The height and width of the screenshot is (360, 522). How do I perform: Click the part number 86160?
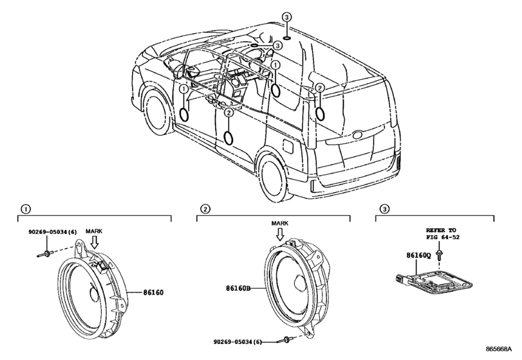(x=153, y=293)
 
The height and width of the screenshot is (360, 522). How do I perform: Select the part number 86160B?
(x=238, y=288)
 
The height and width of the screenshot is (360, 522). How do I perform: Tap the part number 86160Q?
(x=418, y=255)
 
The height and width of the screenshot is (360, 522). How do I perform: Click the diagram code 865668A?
(x=498, y=349)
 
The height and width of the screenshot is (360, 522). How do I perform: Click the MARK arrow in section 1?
(x=95, y=242)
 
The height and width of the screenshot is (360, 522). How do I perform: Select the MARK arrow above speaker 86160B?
(x=280, y=234)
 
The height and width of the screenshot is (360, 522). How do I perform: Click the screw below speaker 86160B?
(x=284, y=339)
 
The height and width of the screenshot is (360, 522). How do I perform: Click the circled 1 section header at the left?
(x=25, y=209)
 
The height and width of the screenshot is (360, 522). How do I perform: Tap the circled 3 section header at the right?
(x=384, y=209)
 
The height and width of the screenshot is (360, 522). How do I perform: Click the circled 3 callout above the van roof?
(x=286, y=17)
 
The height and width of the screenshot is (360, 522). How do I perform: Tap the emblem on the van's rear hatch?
(x=358, y=134)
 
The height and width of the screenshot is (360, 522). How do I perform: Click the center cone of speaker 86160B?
(x=299, y=283)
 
